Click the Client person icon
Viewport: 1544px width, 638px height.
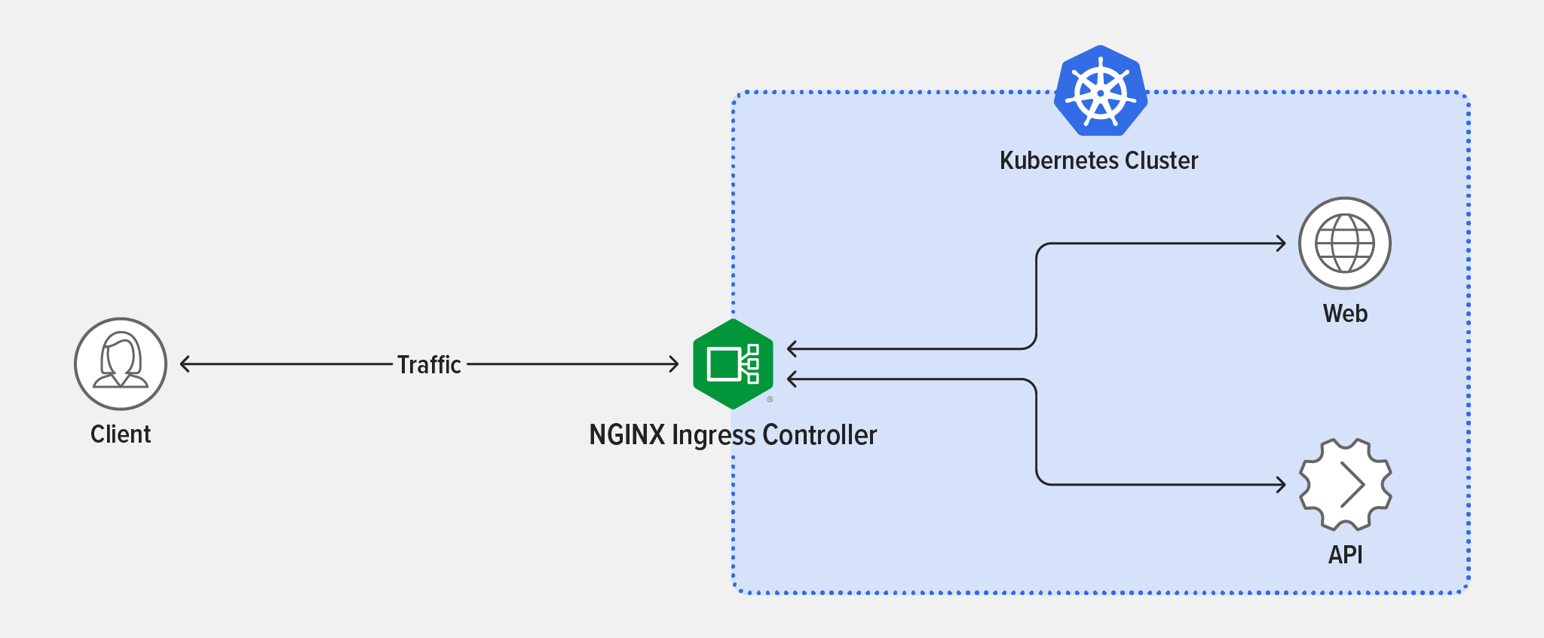coord(121,363)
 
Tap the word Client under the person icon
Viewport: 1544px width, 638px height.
coord(121,434)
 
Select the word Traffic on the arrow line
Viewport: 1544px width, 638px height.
coord(429,365)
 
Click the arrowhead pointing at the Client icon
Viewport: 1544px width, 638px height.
coord(184,364)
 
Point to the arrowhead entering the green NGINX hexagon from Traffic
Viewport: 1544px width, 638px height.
coord(675,364)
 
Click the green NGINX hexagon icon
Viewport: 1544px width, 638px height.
coord(733,364)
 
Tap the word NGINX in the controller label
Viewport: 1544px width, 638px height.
coord(626,435)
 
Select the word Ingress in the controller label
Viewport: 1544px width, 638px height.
coord(713,436)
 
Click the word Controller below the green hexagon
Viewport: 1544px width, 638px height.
coord(819,435)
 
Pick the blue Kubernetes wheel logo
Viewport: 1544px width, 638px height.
coord(1101,91)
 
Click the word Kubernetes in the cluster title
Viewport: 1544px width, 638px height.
coord(1058,161)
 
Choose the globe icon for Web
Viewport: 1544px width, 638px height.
coord(1345,243)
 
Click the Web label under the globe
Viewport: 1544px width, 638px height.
coord(1345,314)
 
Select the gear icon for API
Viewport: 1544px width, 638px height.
coord(1345,484)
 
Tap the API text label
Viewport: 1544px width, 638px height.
coord(1345,555)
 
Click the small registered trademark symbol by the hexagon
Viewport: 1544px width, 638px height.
coord(770,400)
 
